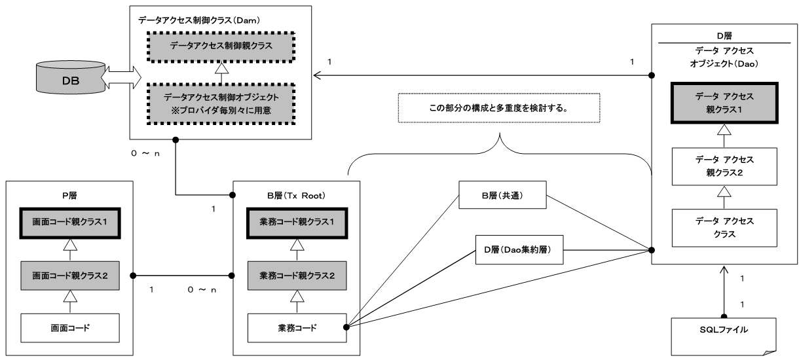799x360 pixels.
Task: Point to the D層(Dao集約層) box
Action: point(519,249)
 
